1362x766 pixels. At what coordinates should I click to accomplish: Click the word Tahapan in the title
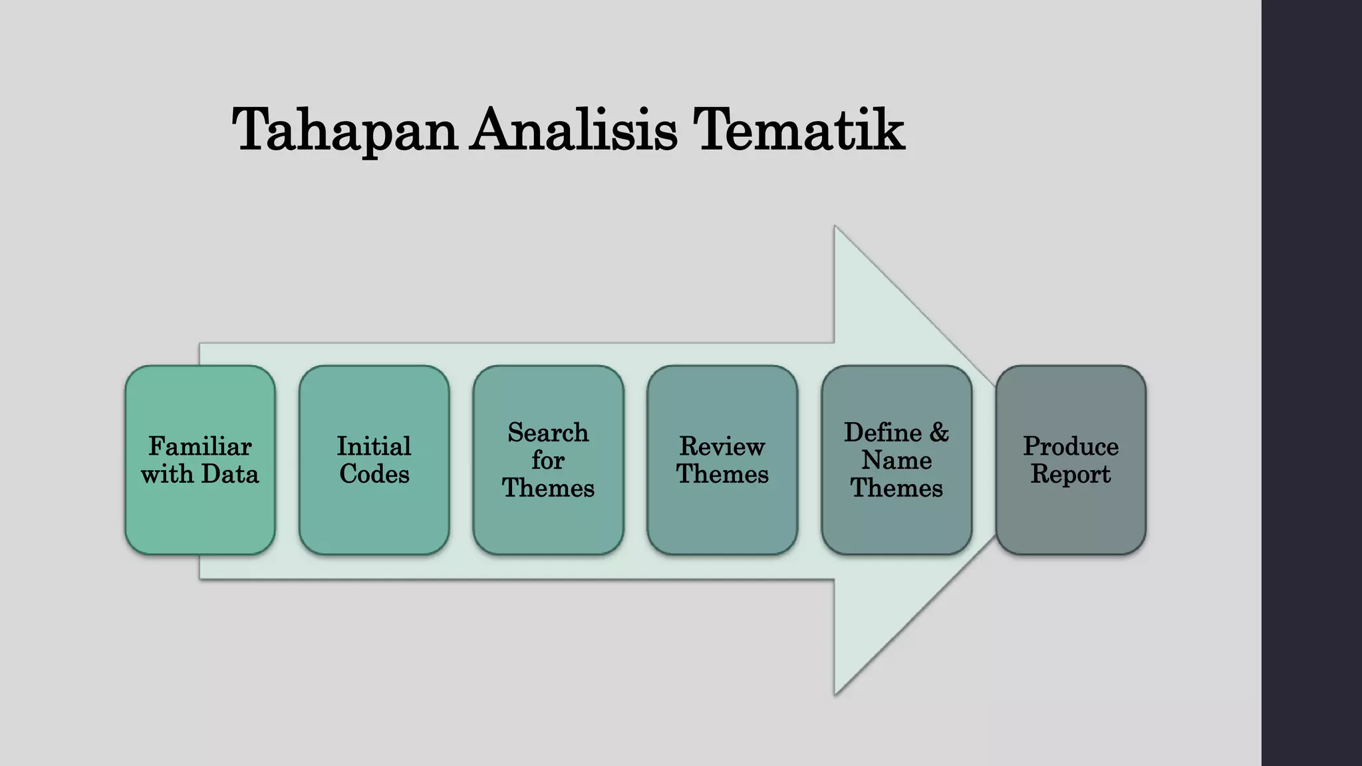tap(344, 130)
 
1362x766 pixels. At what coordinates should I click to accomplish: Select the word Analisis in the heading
tap(574, 130)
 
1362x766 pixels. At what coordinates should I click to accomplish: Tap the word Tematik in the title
tap(798, 130)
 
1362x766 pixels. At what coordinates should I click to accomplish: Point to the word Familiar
tap(200, 446)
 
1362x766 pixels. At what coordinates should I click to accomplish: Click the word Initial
tap(374, 446)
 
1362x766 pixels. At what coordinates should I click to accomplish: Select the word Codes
tap(374, 474)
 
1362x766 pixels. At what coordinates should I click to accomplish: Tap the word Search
tap(549, 433)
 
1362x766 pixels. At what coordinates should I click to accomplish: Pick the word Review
tap(722, 446)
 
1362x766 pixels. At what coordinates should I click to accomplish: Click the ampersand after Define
tap(939, 433)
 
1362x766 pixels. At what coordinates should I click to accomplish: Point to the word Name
tap(896, 460)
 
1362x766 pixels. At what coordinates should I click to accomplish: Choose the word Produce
tap(1071, 446)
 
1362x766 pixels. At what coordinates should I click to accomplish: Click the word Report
tap(1071, 474)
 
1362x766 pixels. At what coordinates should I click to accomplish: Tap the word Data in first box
tap(229, 474)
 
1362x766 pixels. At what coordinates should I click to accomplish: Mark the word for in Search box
tap(549, 460)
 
